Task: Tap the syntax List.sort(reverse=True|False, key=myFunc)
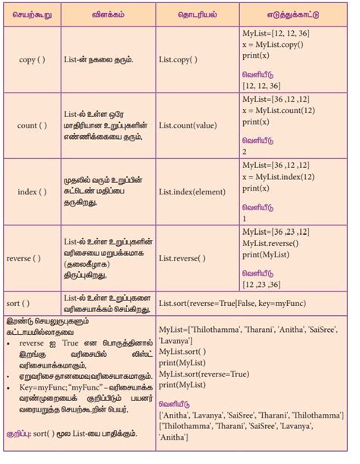coord(245,303)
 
